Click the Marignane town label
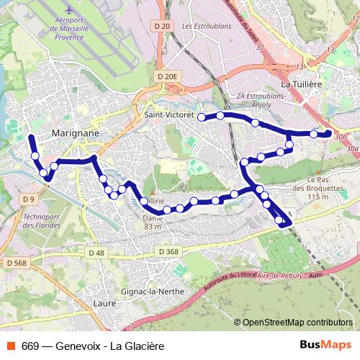coord(75,133)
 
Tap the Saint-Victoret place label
coord(166,114)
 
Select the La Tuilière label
coord(301,84)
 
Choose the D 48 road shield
coord(96,253)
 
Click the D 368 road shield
coord(167,251)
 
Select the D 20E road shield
coord(166,76)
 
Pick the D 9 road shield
coord(28,199)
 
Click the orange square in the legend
coord(12,346)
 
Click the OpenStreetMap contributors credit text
coord(297,323)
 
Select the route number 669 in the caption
coord(30,346)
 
